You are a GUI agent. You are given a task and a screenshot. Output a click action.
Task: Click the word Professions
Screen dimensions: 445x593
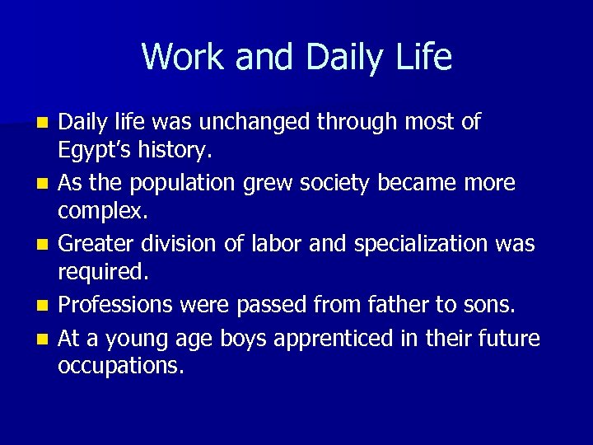coord(115,306)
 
